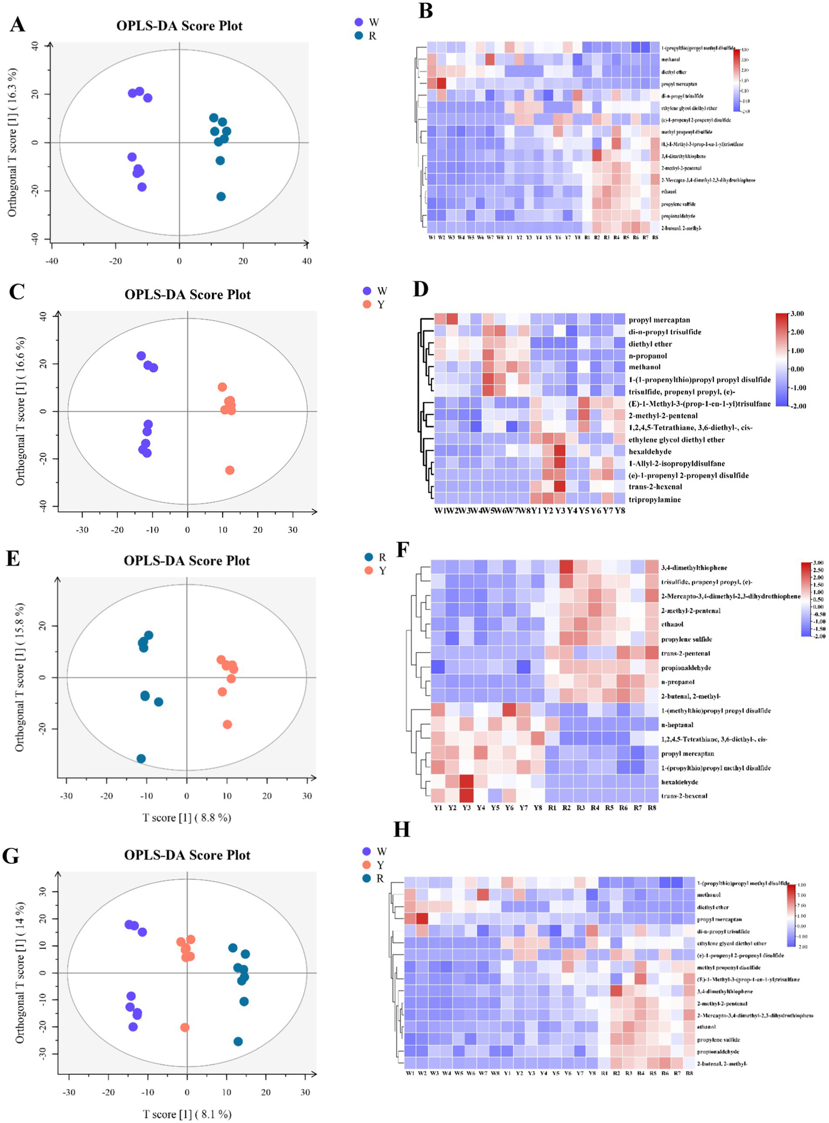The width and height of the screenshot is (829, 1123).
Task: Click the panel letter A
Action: pos(17,24)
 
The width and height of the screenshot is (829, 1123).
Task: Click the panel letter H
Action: pos(401,829)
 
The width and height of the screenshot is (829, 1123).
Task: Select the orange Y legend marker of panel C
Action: pos(367,304)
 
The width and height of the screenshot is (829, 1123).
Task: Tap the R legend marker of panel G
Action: pos(367,878)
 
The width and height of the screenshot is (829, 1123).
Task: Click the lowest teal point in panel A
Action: pos(221,197)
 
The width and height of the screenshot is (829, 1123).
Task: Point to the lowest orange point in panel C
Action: pos(230,470)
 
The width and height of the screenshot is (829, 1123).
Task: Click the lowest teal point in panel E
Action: pos(141,758)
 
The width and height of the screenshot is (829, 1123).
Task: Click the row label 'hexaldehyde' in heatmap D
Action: pos(650,452)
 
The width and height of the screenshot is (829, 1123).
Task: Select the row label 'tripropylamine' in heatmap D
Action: pos(654,500)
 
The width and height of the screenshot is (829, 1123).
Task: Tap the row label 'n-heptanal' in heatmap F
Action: pos(677,725)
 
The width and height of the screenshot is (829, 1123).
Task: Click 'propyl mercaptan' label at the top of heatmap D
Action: pos(659,320)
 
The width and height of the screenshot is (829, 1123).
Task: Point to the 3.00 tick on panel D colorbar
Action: pos(797,314)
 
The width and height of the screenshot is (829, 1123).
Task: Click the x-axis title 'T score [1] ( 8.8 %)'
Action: pos(187,818)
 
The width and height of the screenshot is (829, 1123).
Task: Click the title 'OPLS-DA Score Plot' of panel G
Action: pos(187,855)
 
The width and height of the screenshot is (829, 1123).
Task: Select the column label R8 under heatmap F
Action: pos(652,808)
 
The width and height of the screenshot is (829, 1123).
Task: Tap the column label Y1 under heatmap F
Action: pos(438,808)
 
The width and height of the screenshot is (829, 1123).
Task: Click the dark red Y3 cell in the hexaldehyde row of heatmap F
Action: pos(467,782)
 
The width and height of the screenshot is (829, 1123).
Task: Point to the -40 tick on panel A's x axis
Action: pos(51,261)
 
